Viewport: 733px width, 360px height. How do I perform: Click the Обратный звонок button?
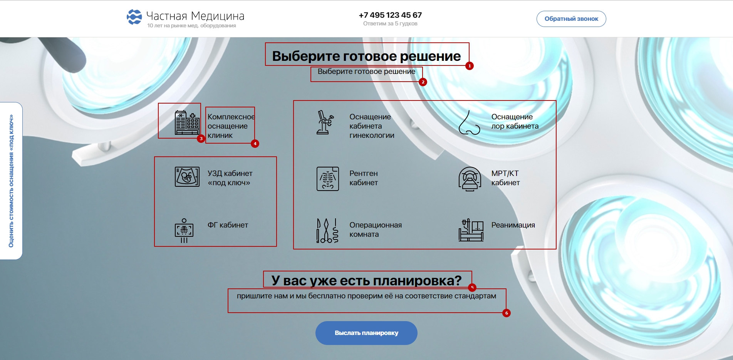[x=571, y=19]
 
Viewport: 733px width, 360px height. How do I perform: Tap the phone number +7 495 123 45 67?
[x=390, y=15]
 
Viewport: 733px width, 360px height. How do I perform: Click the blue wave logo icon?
[x=134, y=17]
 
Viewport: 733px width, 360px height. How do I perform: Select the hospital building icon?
[x=187, y=122]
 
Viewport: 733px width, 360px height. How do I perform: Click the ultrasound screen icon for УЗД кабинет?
[x=187, y=177]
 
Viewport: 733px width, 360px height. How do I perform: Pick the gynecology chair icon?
[x=324, y=122]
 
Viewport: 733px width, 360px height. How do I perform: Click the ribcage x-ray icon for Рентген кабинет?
[x=327, y=179]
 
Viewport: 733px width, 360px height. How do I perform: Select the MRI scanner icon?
[x=470, y=179]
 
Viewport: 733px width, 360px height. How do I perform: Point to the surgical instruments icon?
[x=327, y=230]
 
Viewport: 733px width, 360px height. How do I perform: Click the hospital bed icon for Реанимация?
[x=471, y=230]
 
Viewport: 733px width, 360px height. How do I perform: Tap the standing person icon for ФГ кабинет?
[x=184, y=231]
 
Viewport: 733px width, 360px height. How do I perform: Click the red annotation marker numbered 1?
[x=469, y=66]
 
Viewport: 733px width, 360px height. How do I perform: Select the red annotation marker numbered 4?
[x=255, y=144]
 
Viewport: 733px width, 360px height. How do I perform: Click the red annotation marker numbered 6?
[x=507, y=313]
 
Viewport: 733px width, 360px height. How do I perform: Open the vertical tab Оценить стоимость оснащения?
[x=11, y=181]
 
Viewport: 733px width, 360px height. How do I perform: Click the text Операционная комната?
[x=375, y=229]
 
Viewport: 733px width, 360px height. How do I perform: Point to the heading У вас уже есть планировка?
[x=366, y=280]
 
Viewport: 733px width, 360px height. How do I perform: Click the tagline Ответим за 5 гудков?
[x=390, y=24]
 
